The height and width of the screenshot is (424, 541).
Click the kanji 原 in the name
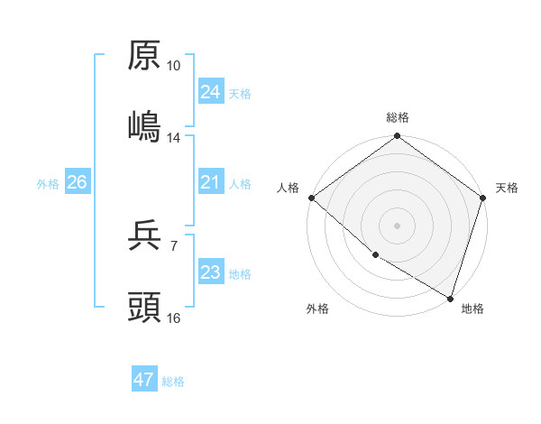[x=144, y=56]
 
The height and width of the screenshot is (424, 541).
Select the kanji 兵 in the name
[x=144, y=236]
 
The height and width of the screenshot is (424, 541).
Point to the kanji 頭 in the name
[x=144, y=308]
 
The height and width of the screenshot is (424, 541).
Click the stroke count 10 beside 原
[x=173, y=67]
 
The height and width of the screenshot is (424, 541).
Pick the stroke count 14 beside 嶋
[x=173, y=138]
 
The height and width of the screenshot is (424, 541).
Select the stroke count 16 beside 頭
[x=173, y=318]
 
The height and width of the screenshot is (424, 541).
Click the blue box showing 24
[x=210, y=92]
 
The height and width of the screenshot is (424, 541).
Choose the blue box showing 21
[x=210, y=182]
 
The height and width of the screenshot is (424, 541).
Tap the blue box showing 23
[x=210, y=272]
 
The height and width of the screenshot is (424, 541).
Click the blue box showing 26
[x=77, y=182]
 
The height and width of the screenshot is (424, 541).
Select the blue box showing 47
[x=144, y=380]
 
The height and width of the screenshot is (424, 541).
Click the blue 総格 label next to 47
[x=173, y=382]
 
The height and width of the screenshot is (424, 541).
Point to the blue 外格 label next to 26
[x=48, y=184]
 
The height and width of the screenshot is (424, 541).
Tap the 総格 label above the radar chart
[x=398, y=118]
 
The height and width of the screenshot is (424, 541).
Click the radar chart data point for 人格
[x=311, y=198]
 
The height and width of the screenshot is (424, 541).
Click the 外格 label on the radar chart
[x=317, y=309]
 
